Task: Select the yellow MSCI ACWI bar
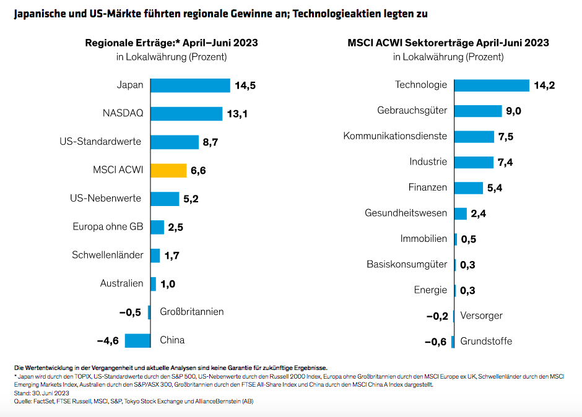(x=168, y=171)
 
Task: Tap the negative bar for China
(x=137, y=340)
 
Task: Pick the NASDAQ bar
(x=186, y=114)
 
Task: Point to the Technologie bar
(x=492, y=85)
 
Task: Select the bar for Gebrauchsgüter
(x=478, y=111)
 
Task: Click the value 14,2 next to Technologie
(x=544, y=85)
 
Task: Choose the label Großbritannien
(x=191, y=312)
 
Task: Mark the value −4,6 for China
(x=108, y=340)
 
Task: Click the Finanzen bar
(x=469, y=187)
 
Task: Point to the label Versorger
(x=481, y=316)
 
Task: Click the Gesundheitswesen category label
(x=405, y=213)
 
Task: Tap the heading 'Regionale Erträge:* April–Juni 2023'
(x=172, y=43)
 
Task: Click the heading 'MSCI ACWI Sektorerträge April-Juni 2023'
(x=448, y=43)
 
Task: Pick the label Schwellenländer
(x=108, y=255)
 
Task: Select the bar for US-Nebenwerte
(x=165, y=199)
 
